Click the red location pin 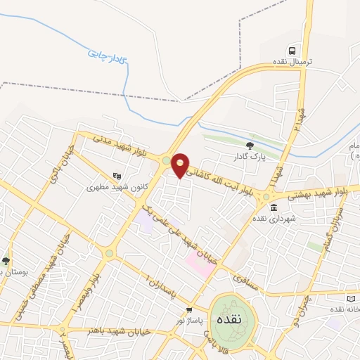[x=181, y=165]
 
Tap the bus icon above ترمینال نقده [x=291, y=51]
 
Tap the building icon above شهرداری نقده [x=273, y=207]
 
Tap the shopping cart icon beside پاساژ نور [x=189, y=310]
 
